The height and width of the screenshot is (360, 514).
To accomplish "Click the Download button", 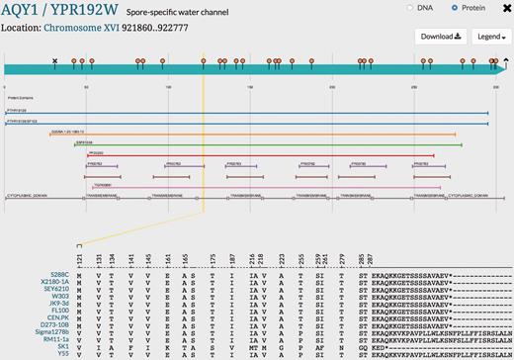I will (x=443, y=38).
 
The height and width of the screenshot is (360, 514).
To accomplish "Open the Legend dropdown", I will (x=488, y=38).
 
